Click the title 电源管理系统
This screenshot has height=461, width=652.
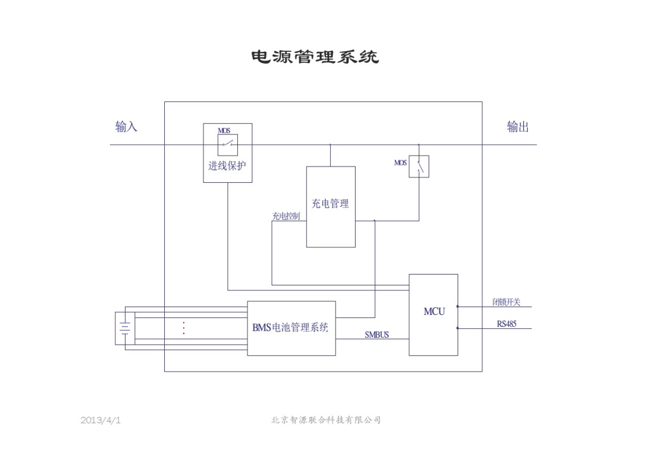tap(315, 57)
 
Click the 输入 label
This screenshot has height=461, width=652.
tap(126, 127)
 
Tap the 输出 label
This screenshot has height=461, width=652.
tap(517, 127)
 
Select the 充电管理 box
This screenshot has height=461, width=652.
tap(330, 206)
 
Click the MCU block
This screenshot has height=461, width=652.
tap(433, 314)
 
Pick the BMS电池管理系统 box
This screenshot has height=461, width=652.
tap(291, 328)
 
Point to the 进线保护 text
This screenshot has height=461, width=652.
tap(227, 166)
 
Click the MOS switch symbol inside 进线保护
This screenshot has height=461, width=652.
tap(228, 145)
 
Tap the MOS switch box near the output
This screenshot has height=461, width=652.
tap(419, 167)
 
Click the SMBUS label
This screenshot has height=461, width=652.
tap(377, 335)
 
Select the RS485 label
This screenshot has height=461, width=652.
tap(507, 324)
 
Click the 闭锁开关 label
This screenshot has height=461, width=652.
tap(506, 302)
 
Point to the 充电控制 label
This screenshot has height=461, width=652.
tap(286, 216)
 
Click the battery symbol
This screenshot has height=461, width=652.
tap(125, 328)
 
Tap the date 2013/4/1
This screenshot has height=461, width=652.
tap(100, 420)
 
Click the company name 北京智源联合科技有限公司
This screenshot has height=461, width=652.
tap(326, 420)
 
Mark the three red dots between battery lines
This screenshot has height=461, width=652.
tap(184, 328)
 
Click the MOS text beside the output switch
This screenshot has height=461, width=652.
tap(400, 163)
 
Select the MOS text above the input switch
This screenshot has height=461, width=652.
tap(224, 130)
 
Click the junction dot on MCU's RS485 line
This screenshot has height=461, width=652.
tap(458, 328)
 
